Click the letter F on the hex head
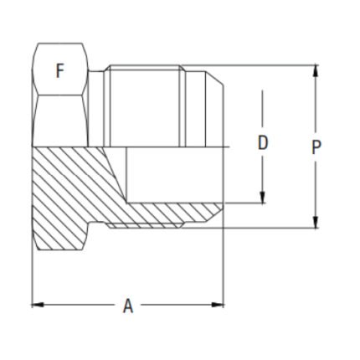(x=59, y=71)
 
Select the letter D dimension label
(x=263, y=143)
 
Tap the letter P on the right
(x=316, y=148)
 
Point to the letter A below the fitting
(x=128, y=306)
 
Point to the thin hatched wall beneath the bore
(x=167, y=215)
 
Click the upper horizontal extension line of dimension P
(x=268, y=65)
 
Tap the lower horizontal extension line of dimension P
(x=268, y=229)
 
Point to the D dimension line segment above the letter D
(x=263, y=109)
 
